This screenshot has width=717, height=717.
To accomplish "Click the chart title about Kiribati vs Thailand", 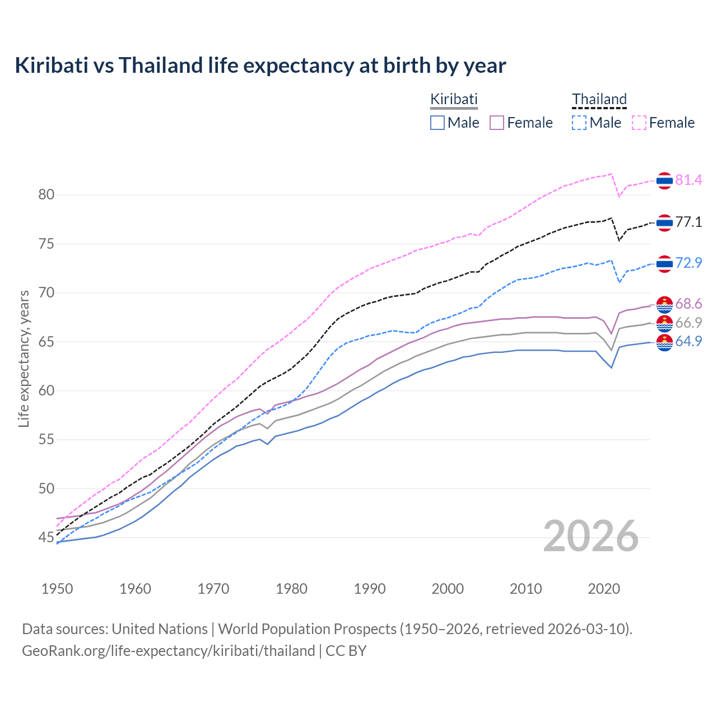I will pyautogui.click(x=260, y=66).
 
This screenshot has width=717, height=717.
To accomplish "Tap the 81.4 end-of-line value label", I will pyautogui.click(x=688, y=180).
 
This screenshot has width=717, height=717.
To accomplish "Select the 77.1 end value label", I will pyautogui.click(x=688, y=222).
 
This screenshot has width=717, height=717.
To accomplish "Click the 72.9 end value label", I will pyautogui.click(x=688, y=263).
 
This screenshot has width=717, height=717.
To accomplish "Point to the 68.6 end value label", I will pyautogui.click(x=688, y=304).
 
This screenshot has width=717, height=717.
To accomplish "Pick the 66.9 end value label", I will pyautogui.click(x=688, y=323).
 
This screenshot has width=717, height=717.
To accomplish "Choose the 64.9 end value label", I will pyautogui.click(x=688, y=341).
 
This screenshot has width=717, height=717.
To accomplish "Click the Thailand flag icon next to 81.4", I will pyautogui.click(x=664, y=180).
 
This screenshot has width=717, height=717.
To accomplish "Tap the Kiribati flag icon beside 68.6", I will pyautogui.click(x=664, y=305).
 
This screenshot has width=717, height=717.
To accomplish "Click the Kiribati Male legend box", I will pyautogui.click(x=437, y=123).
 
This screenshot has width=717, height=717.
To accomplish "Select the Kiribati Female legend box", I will pyautogui.click(x=497, y=123).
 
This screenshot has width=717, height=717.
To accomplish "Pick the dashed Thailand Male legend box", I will pyautogui.click(x=579, y=123).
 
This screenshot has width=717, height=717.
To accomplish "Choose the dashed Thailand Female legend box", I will pyautogui.click(x=639, y=123).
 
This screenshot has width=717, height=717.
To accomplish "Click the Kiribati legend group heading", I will pyautogui.click(x=454, y=100).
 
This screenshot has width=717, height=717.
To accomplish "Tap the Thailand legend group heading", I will pyautogui.click(x=599, y=100).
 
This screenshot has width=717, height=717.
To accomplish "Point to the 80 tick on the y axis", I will pyautogui.click(x=46, y=195).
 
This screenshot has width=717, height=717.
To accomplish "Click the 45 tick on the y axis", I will pyautogui.click(x=46, y=538).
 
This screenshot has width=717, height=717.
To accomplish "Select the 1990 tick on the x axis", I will pyautogui.click(x=370, y=589).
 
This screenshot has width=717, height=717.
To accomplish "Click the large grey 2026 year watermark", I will pyautogui.click(x=591, y=536).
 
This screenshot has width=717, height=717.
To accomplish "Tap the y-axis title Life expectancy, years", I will pyautogui.click(x=24, y=358).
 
